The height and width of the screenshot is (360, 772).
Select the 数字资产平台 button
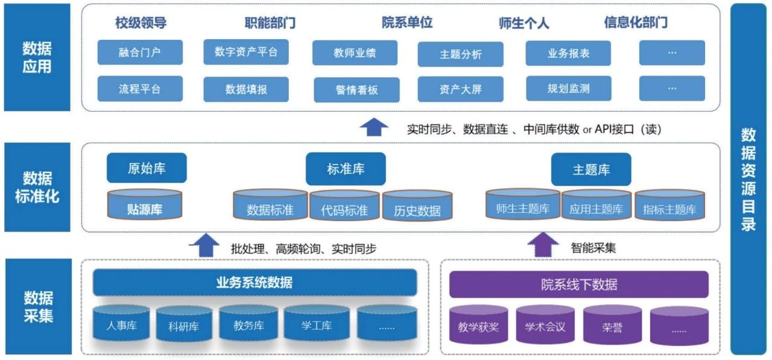point(246,52)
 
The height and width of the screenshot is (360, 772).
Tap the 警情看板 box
point(356,90)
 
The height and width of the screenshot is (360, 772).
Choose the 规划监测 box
point(568,89)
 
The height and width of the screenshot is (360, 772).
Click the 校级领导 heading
point(141,24)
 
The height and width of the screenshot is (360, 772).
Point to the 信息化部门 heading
point(636,23)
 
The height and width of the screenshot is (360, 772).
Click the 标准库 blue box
point(346,169)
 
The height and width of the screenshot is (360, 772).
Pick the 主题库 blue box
point(591,169)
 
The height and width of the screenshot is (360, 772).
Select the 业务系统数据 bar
point(254,282)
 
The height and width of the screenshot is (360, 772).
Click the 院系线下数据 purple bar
point(578,284)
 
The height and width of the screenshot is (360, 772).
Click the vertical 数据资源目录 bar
point(748,179)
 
